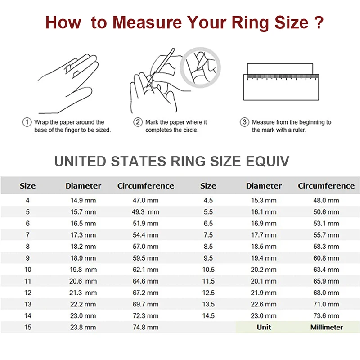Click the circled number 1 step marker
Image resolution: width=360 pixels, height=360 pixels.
coord(27,122)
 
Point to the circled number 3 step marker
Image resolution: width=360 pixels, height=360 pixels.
coord(244,122)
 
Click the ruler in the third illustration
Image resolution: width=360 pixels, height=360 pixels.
coord(281,86)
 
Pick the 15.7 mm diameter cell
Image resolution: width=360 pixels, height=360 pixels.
coord(83,212)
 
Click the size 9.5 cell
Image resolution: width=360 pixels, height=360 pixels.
coord(208,258)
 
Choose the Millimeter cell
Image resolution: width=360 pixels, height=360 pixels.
coord(326,328)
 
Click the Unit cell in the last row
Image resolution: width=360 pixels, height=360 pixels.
coord(264,328)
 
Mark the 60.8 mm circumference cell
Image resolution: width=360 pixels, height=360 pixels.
coord(326,258)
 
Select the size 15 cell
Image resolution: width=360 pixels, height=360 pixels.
coord(28,328)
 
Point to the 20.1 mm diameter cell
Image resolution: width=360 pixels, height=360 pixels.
coord(264,281)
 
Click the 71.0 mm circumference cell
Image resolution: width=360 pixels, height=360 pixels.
coord(326,305)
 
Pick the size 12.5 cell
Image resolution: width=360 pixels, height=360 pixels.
coord(208,293)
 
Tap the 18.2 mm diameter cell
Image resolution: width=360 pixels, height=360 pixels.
coord(83,247)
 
